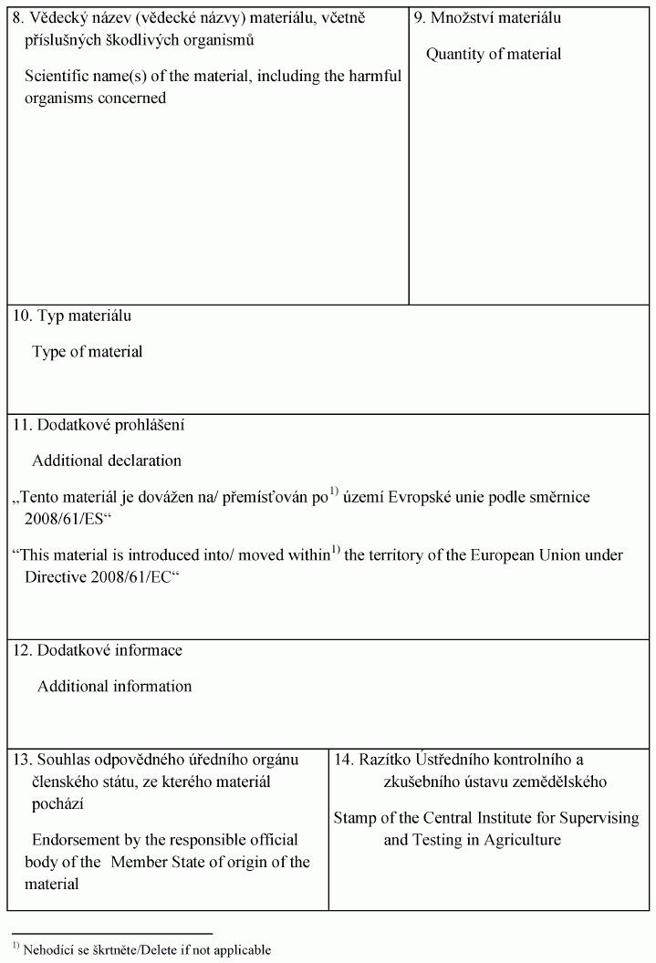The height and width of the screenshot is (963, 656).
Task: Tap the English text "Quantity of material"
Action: pos(494,54)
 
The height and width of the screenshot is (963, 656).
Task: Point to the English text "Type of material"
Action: pos(88,352)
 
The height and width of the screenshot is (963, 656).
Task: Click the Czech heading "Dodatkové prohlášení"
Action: pos(112,424)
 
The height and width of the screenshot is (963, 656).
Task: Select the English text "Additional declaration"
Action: pos(107,461)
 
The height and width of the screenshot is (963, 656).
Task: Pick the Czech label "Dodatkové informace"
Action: pos(109,650)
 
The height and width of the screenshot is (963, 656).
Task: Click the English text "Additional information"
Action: pos(115,686)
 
